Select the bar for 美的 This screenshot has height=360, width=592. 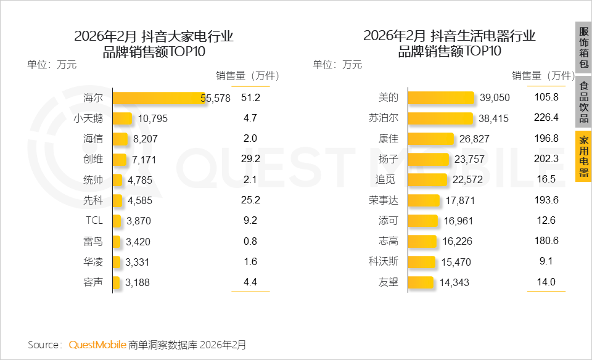[442, 98]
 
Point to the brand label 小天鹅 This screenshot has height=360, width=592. [88, 118]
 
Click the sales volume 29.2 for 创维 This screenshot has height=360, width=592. [250, 159]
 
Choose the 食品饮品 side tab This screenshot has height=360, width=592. [583, 102]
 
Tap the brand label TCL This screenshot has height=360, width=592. [94, 221]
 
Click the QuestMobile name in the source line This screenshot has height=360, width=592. [97, 345]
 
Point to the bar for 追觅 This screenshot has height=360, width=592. [428, 180]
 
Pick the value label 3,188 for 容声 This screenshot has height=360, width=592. [138, 283]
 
